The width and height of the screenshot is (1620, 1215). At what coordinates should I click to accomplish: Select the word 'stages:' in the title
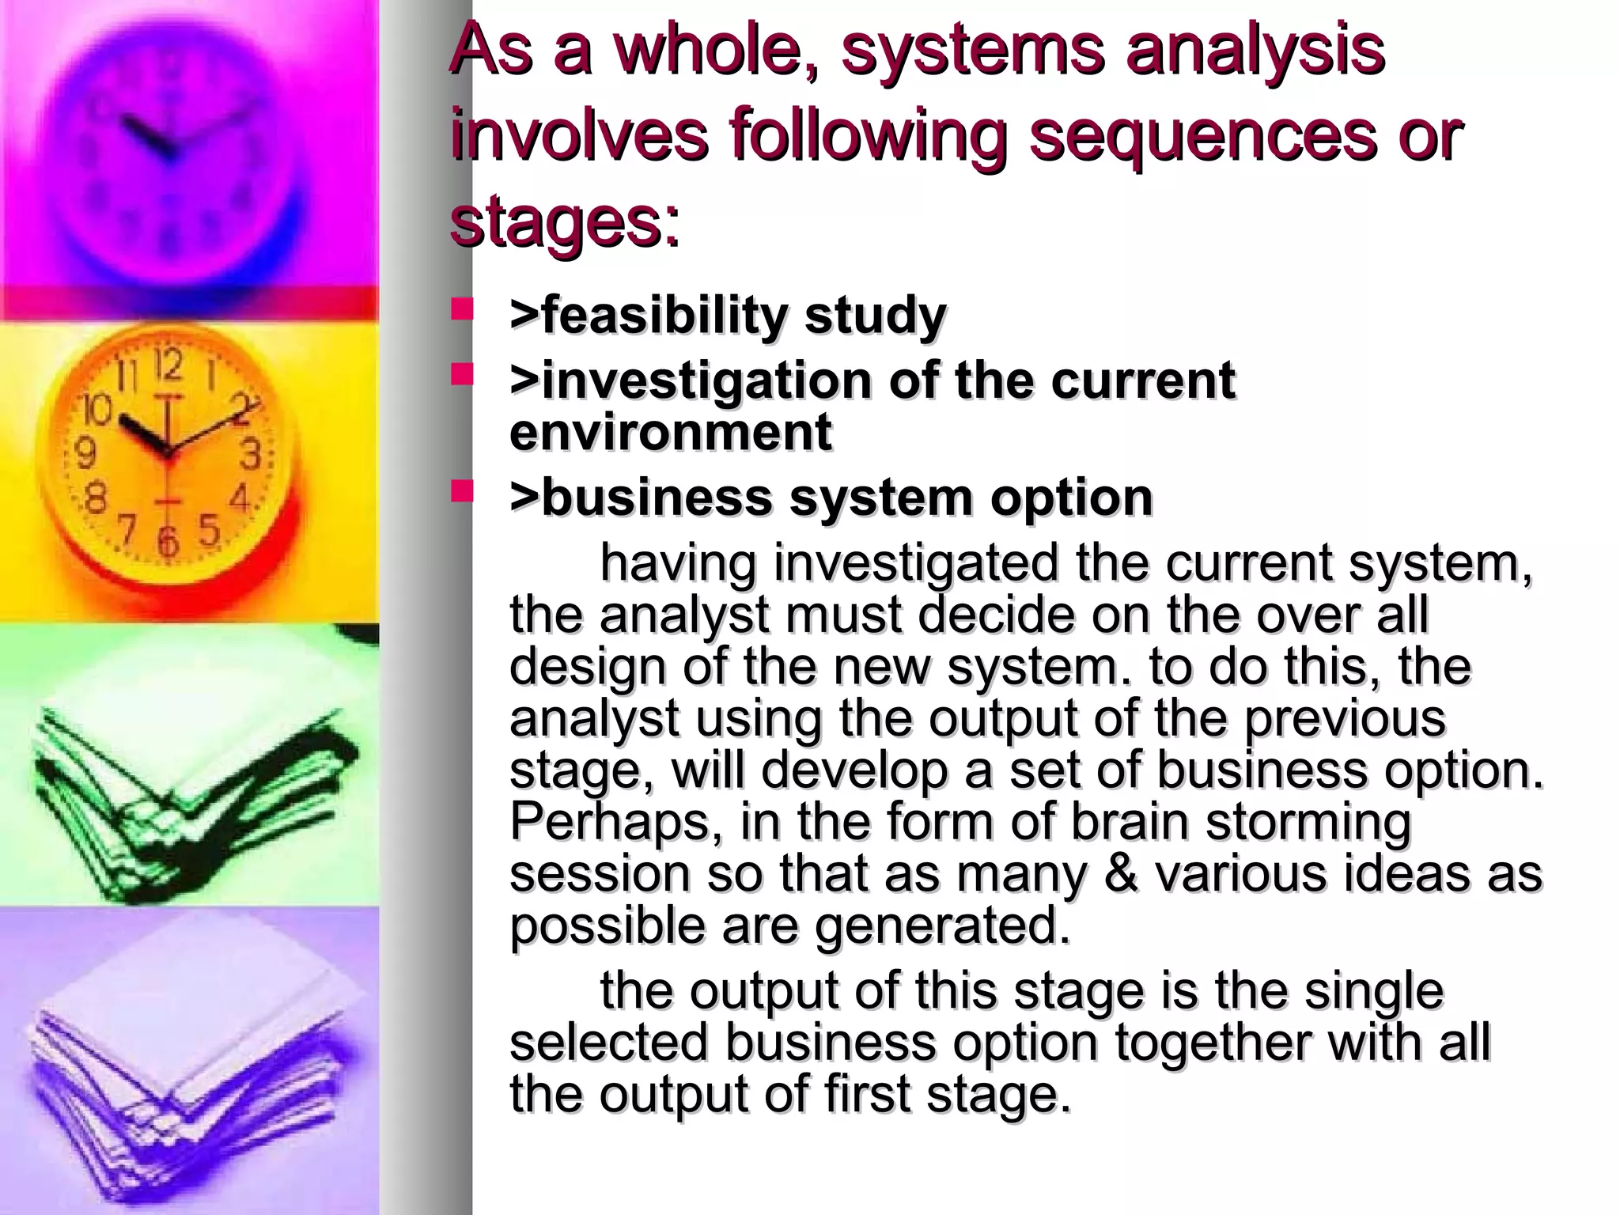(x=564, y=223)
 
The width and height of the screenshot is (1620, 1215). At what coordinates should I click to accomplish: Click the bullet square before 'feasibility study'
(x=461, y=308)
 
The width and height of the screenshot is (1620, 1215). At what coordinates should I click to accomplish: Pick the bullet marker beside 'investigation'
(x=461, y=374)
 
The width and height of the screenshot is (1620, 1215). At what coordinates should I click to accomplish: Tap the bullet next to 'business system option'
(x=461, y=492)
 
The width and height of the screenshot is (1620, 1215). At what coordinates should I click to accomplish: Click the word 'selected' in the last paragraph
(x=608, y=1042)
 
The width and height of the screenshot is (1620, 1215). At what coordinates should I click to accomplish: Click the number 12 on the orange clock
(x=168, y=367)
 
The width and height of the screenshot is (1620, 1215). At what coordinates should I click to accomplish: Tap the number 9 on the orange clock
(x=85, y=454)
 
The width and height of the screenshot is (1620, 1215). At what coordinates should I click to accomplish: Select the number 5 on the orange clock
(x=208, y=531)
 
